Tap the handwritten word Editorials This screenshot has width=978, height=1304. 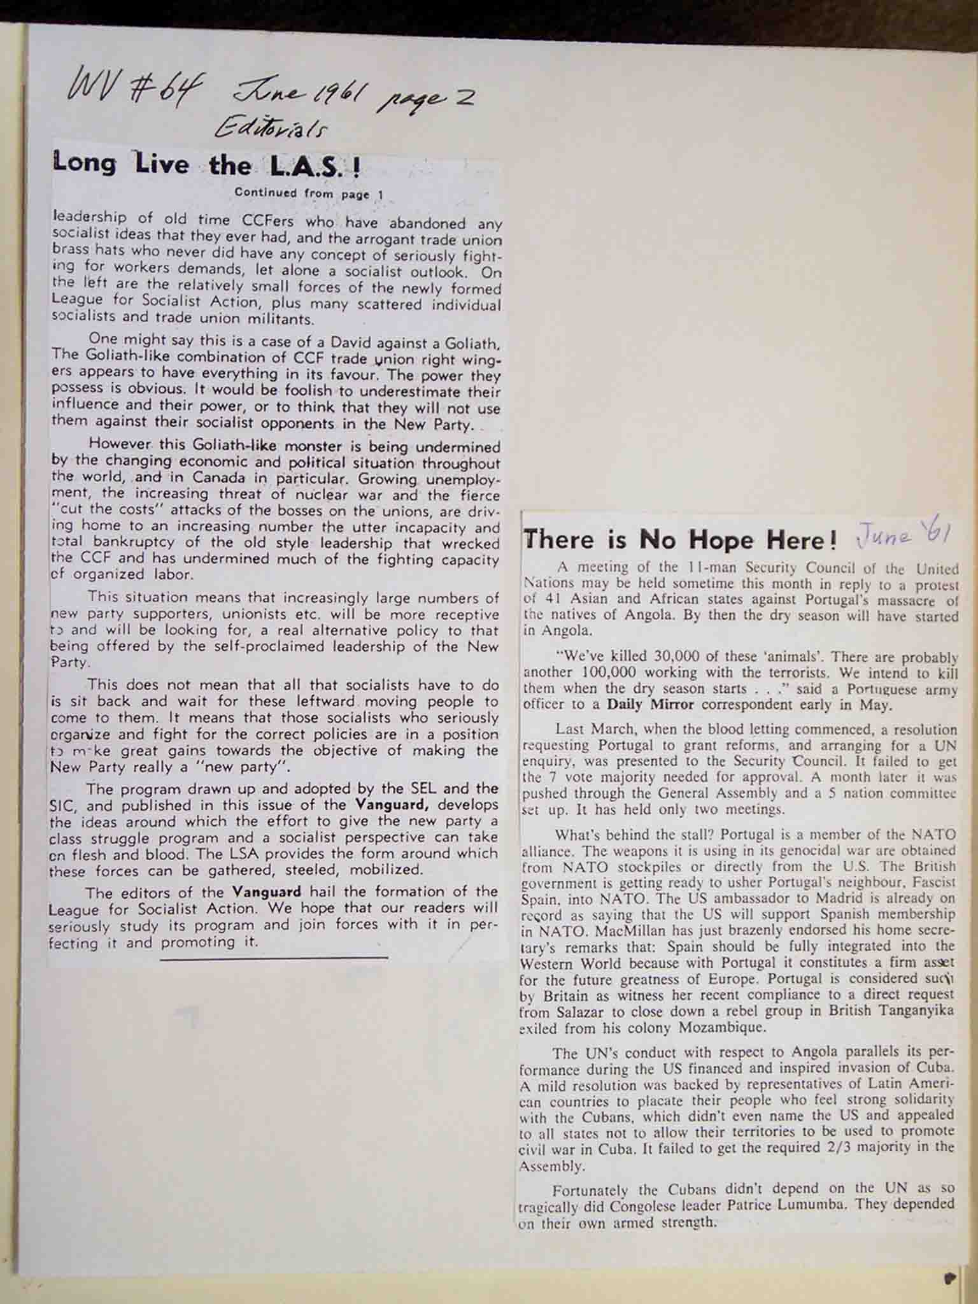click(x=271, y=129)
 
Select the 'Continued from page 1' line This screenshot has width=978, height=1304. click(x=309, y=194)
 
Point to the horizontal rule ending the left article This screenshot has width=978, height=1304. click(x=274, y=957)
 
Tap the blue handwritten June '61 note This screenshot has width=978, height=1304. click(x=904, y=535)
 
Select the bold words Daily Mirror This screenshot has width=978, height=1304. click(x=644, y=705)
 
